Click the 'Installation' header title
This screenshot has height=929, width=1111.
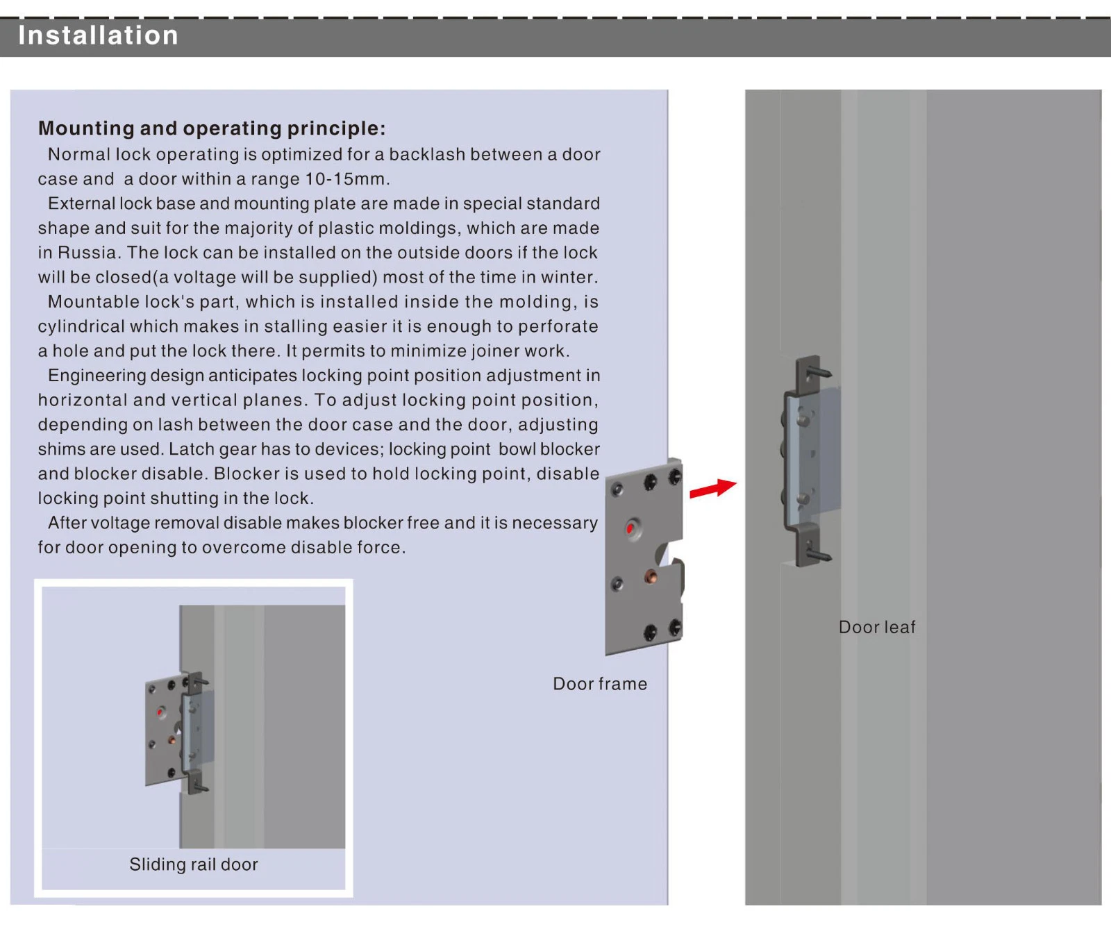tap(98, 35)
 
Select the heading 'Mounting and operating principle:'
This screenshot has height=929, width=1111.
tap(212, 128)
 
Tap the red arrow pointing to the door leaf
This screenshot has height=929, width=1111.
tap(713, 488)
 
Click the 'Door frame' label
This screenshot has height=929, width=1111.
tap(600, 684)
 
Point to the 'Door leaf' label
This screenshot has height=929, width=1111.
tap(877, 627)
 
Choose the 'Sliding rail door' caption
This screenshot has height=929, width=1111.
tap(194, 864)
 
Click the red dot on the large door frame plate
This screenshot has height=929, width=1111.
tap(630, 529)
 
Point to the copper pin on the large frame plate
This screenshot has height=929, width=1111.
tap(651, 576)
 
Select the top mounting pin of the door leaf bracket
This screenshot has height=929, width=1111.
tap(819, 371)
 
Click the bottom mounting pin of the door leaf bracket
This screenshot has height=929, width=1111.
tap(819, 553)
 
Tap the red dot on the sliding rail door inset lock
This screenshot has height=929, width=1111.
tap(160, 712)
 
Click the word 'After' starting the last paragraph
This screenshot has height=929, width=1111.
tap(67, 523)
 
